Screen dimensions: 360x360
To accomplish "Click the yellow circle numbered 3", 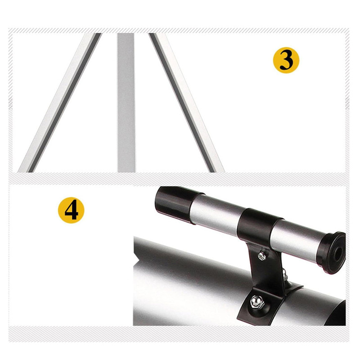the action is (286, 60).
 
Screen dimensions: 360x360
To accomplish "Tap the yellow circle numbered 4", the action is (71, 210).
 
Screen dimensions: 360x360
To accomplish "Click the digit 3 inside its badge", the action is (286, 60).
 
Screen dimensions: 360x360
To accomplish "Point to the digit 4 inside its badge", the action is (71, 210).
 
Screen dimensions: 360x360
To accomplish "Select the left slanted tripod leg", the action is (60, 103).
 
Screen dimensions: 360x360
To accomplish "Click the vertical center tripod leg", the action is (126, 103).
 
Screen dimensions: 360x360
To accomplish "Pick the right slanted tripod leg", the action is (186, 103).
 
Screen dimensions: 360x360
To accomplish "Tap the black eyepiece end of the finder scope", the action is (333, 252).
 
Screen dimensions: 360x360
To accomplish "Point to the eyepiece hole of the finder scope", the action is (338, 254).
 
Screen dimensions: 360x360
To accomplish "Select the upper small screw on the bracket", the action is (261, 256).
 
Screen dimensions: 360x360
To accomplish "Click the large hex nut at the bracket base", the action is (256, 302).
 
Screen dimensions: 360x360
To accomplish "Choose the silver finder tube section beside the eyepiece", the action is (296, 240).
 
